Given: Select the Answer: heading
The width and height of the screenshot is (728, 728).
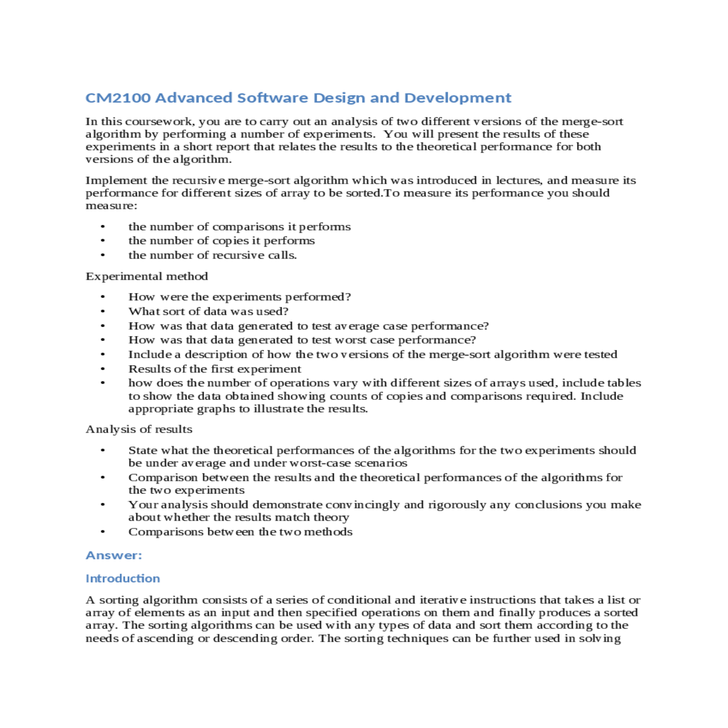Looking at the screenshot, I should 113,555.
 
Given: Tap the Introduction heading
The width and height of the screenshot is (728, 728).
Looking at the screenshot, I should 123,578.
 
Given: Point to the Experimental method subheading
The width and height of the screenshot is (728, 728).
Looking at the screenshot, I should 147,277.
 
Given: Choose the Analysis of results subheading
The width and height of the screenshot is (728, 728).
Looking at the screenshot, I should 139,430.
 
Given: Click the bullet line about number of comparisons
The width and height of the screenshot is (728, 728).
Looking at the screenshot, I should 239,227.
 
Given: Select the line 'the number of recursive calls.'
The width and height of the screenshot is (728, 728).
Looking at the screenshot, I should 212,255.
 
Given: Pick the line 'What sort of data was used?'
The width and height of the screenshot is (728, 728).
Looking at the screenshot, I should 208,311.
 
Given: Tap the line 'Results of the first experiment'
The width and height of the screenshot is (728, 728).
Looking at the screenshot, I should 214,369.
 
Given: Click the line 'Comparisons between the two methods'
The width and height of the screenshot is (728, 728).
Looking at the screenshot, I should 240,532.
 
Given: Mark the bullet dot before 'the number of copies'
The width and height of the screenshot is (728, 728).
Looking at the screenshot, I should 103,241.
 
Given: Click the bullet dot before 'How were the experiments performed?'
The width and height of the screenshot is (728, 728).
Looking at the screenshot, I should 103,297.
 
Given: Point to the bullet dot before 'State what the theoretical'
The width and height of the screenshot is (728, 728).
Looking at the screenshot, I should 103,451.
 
